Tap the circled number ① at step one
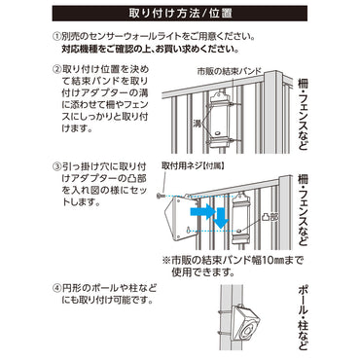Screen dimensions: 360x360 56,36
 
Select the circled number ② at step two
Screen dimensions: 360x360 56,70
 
